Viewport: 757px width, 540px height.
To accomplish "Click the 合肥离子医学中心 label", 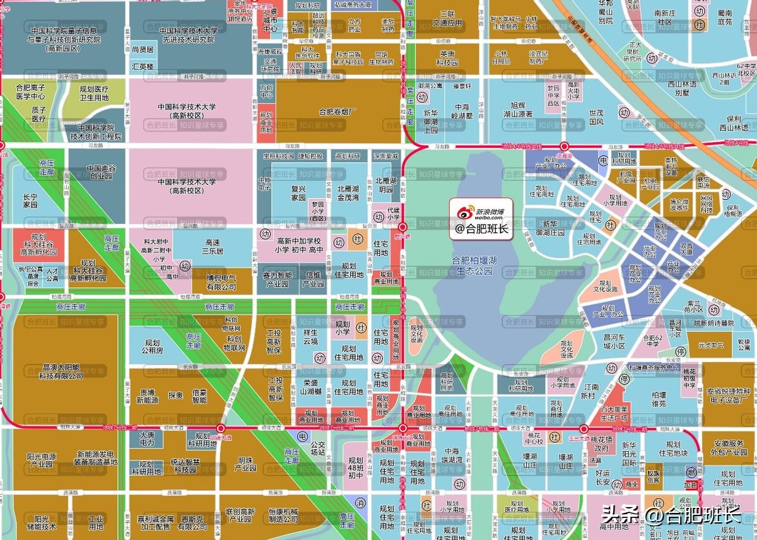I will [x=30, y=93].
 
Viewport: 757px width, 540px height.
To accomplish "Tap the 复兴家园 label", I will [x=289, y=193].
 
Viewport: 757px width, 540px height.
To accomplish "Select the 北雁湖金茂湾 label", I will [x=348, y=193].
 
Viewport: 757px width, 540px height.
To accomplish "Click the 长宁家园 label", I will [x=30, y=201].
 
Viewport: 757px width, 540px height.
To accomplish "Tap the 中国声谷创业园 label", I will [x=102, y=172].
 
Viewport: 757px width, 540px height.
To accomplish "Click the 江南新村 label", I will [x=590, y=391].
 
